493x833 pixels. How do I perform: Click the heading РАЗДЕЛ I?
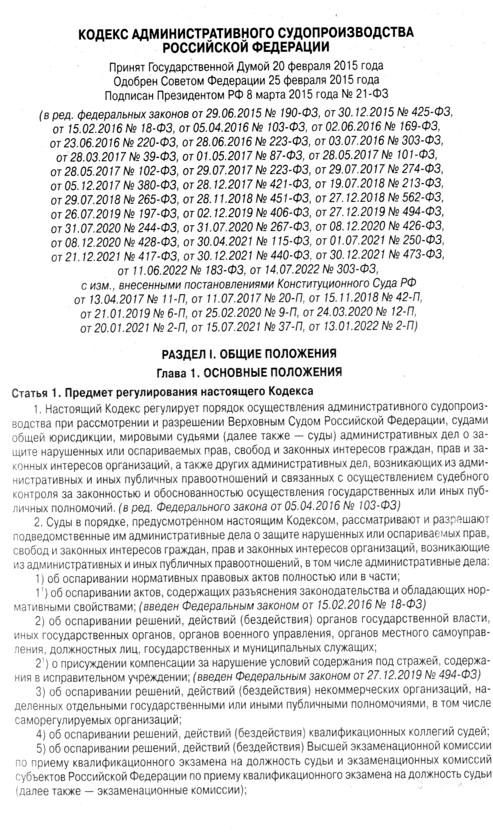click(187, 354)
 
